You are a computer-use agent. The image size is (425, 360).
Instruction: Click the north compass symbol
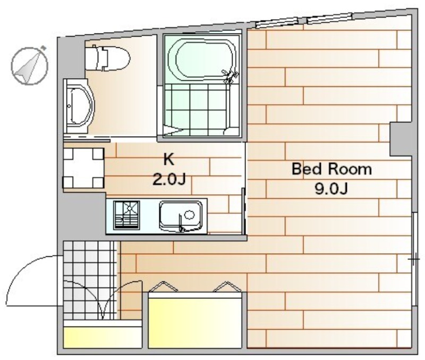29,65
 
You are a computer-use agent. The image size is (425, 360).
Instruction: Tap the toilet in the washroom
107,58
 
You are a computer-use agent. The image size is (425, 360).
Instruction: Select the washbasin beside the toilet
79,106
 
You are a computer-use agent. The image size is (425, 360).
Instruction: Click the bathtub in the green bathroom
202,60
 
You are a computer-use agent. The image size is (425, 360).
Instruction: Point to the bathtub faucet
230,76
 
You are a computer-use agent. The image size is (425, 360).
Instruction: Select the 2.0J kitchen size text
169,179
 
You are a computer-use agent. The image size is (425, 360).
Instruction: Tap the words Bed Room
331,169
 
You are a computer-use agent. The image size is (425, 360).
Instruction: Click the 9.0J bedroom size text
331,189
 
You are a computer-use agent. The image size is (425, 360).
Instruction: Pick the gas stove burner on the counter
126,215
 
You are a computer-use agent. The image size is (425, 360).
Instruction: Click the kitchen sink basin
181,216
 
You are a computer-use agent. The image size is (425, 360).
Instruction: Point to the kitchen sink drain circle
190,215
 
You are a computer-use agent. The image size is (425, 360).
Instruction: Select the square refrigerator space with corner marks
83,168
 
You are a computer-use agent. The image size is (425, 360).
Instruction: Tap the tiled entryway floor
90,281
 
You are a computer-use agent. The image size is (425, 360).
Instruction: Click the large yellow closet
195,320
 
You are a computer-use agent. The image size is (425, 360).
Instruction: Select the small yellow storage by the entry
103,338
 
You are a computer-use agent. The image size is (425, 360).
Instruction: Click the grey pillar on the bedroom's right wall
401,139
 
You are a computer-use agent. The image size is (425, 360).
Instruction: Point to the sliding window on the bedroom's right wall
414,259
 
